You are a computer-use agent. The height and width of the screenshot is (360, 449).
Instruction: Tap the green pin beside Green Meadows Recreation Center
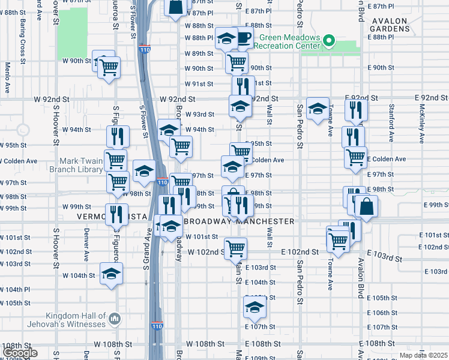[x=328, y=41]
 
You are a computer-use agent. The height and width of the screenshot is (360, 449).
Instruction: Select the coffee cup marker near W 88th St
[x=244, y=38]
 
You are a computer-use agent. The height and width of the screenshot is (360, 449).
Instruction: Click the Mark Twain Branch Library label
[x=82, y=165]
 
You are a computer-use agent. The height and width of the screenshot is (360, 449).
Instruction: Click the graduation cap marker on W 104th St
[x=111, y=274]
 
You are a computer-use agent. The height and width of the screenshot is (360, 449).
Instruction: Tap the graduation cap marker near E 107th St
[x=255, y=307]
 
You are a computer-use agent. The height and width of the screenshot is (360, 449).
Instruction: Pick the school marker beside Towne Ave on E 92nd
[x=318, y=109]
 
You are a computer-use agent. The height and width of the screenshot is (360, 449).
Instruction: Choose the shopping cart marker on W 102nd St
[x=235, y=247]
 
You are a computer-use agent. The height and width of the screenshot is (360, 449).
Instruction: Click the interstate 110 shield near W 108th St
[x=156, y=326]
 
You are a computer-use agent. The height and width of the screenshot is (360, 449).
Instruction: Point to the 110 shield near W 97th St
[x=162, y=182]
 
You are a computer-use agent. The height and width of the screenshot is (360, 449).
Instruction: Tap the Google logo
[x=20, y=353]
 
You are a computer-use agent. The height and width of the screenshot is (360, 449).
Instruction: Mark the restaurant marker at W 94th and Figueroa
[x=118, y=137]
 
